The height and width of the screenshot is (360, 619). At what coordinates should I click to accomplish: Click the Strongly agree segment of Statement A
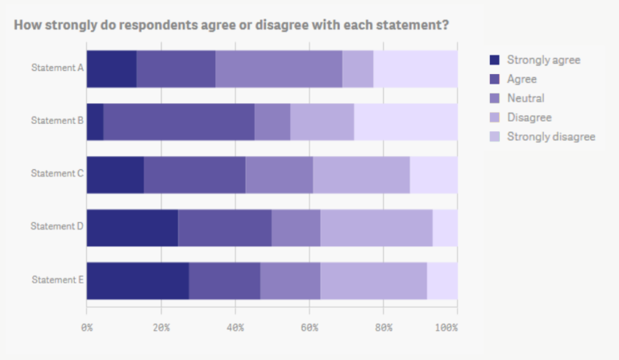[x=111, y=68]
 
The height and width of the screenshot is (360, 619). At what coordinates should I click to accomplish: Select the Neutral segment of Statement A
[x=279, y=68]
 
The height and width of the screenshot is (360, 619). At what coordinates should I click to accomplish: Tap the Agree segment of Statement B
[x=179, y=122]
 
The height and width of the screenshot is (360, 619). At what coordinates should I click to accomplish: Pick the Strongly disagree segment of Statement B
[x=405, y=122]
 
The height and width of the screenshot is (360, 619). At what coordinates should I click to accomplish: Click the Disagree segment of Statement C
[x=361, y=175]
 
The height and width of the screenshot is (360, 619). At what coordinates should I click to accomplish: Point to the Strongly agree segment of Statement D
[x=132, y=227]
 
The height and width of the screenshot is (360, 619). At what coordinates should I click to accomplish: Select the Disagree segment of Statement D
[x=376, y=227]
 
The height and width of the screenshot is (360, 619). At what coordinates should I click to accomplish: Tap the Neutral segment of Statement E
[x=290, y=280]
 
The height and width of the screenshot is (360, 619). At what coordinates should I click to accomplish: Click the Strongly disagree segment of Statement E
[x=442, y=280]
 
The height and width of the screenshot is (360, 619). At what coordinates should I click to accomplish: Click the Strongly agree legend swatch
[x=495, y=60]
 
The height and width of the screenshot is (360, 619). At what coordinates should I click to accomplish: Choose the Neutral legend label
[x=526, y=98]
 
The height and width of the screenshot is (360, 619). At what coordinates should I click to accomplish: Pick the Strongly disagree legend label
[x=550, y=137]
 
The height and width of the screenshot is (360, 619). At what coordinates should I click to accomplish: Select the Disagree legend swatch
[x=495, y=118]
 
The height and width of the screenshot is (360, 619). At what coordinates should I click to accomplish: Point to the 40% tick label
[x=235, y=328]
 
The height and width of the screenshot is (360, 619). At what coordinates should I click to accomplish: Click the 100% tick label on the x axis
[x=445, y=328]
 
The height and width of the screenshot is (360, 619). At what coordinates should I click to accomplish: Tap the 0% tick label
[x=87, y=328]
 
